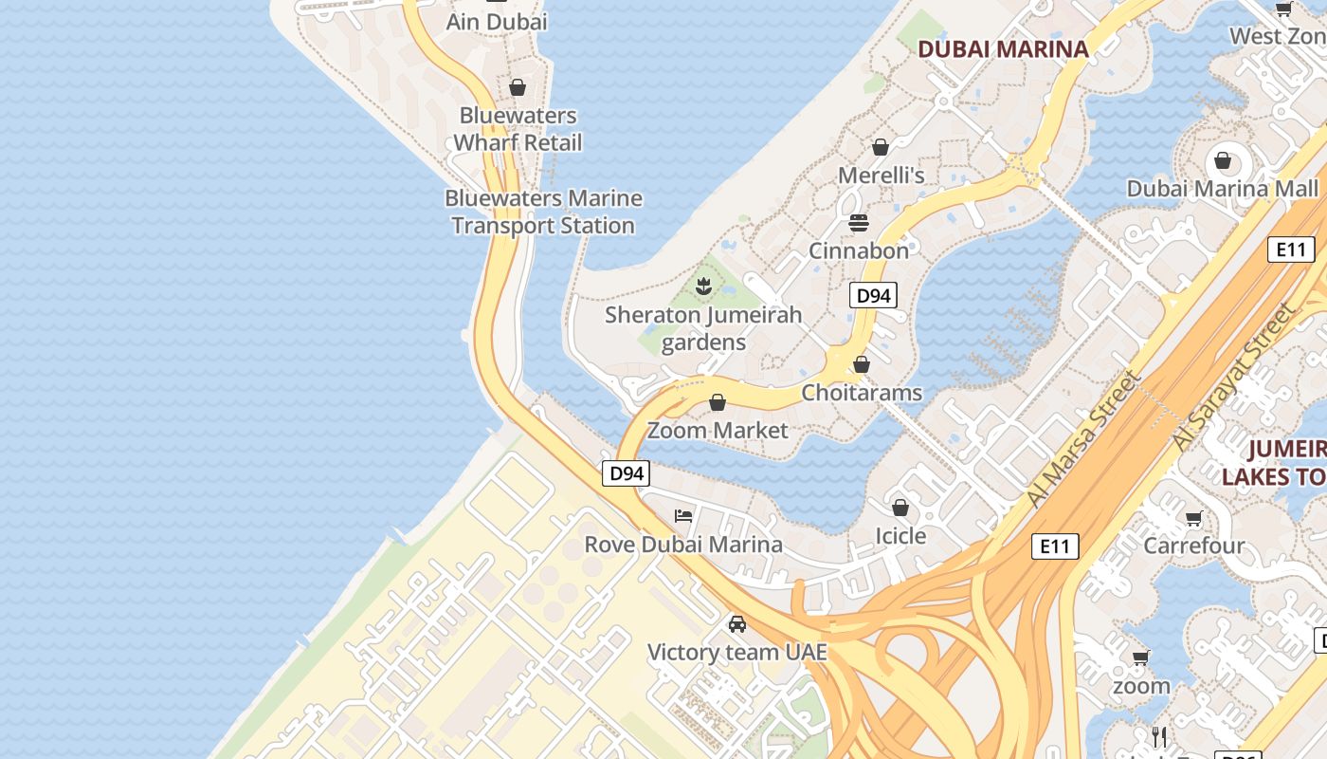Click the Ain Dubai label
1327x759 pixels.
(497, 21)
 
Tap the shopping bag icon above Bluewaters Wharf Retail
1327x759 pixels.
(518, 88)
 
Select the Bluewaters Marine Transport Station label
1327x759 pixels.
(543, 212)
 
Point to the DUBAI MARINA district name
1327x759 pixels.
(1003, 49)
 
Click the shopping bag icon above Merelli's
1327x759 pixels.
(881, 147)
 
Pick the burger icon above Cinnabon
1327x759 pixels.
(859, 223)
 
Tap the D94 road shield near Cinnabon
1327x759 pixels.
(872, 295)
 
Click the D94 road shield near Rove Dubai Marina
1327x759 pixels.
(626, 472)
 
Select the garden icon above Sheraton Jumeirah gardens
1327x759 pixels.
(703, 286)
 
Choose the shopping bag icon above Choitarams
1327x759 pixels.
(862, 364)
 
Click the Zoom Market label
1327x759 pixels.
(718, 430)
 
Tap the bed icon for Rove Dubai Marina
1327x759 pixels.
(683, 516)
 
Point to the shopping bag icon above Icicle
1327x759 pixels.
(900, 508)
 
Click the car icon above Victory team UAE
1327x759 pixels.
(737, 624)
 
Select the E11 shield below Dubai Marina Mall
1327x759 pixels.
(1290, 250)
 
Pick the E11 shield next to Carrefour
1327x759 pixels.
(1054, 546)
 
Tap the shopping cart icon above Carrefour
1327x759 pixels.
(1194, 518)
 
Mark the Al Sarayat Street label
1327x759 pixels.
(1232, 378)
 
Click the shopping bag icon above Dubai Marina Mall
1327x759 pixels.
(1223, 160)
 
